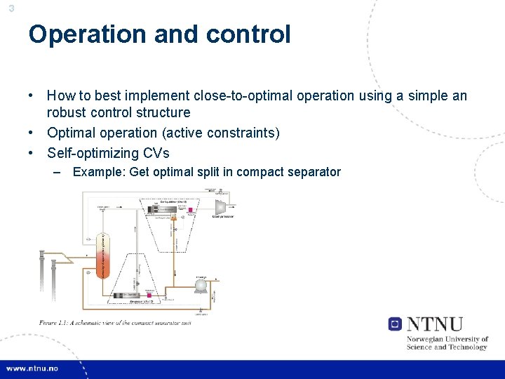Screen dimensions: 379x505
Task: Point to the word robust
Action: coord(67,112)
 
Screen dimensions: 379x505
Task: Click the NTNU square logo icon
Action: coord(395,324)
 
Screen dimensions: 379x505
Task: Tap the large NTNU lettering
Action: coord(435,324)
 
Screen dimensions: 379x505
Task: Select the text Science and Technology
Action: coord(447,347)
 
